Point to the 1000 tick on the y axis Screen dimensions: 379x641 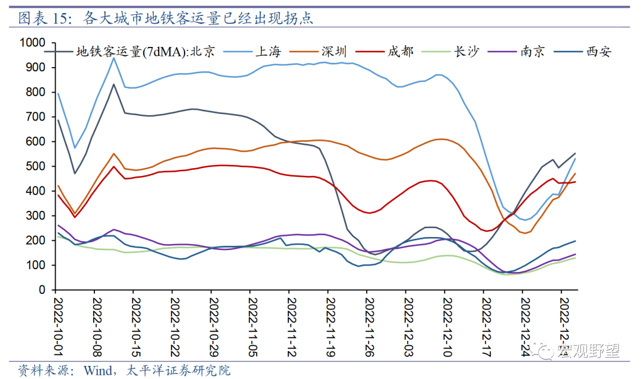coord(33,43)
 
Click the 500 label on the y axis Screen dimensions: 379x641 coord(37,166)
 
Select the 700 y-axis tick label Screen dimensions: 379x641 coord(37,117)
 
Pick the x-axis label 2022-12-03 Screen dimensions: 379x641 coord(408,324)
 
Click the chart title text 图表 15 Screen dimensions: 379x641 coord(45,18)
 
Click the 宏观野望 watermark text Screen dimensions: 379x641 coord(588,352)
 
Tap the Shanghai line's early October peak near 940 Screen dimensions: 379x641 coord(113,58)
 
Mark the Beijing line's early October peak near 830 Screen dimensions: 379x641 coord(113,84)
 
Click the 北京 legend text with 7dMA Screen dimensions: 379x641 coord(145,52)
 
